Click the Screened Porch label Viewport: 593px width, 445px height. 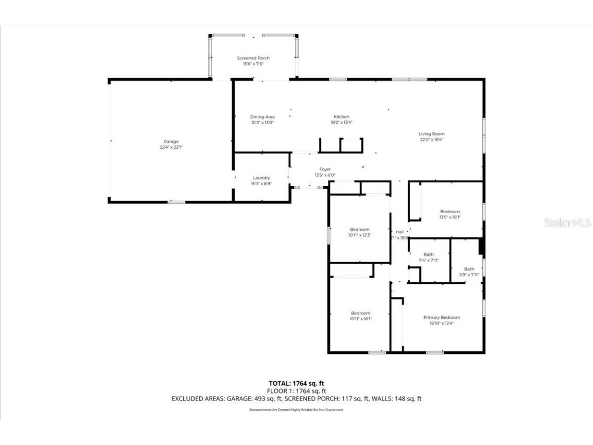(x=253, y=58)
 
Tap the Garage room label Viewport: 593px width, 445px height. (x=171, y=142)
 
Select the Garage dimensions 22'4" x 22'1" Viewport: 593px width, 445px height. (x=171, y=147)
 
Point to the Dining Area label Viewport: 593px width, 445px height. (x=263, y=117)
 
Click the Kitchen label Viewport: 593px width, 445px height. (x=341, y=117)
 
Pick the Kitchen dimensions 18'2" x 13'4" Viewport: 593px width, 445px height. (x=341, y=123)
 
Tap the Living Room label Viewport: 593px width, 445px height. (x=431, y=134)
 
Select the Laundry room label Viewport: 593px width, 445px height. (x=261, y=178)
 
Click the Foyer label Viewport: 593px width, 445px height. (x=325, y=169)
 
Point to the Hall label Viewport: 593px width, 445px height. (x=399, y=232)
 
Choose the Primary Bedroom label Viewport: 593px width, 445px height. (x=442, y=317)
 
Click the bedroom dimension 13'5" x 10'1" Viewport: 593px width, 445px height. (x=450, y=217)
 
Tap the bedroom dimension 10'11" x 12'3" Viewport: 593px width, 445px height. (x=360, y=235)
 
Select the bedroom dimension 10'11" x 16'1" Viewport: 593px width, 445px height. (x=360, y=319)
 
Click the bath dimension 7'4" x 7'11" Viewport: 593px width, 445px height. (x=429, y=260)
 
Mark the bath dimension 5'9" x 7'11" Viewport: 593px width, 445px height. (x=469, y=275)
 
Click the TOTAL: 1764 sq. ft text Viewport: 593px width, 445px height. (x=296, y=383)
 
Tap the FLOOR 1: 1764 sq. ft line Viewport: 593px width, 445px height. (x=296, y=391)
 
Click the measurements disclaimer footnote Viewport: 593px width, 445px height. (x=296, y=410)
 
